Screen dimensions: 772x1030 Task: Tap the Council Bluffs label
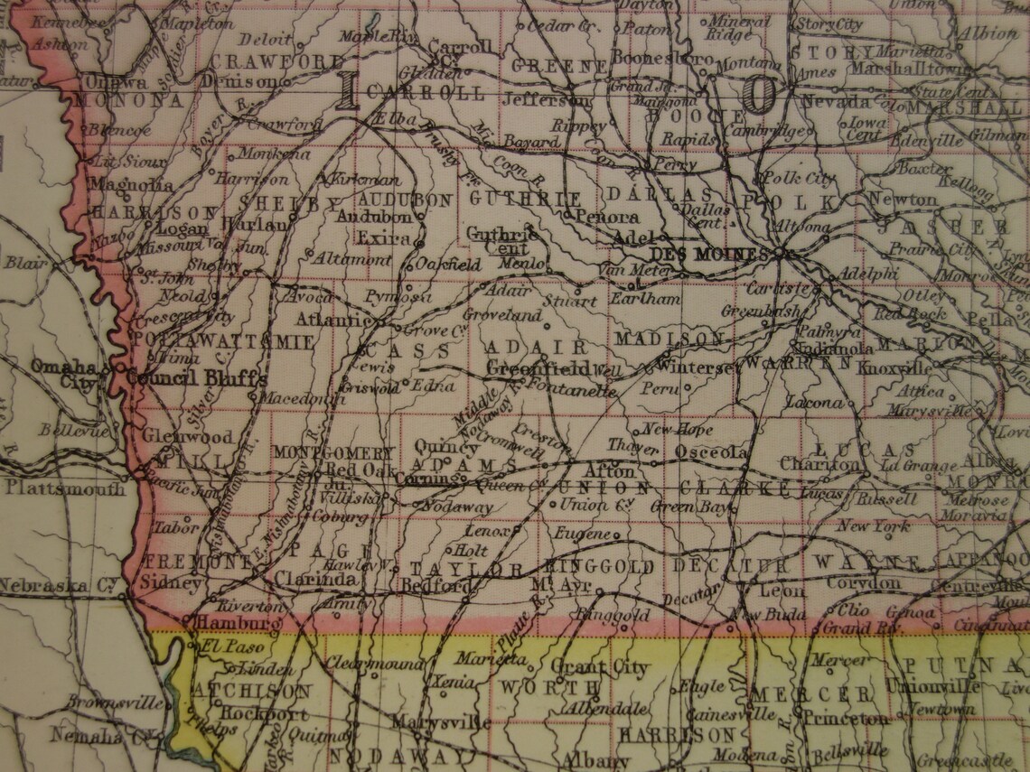(x=196, y=377)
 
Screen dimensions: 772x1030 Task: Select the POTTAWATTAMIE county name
(x=224, y=342)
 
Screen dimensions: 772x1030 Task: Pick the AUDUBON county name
(x=405, y=200)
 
